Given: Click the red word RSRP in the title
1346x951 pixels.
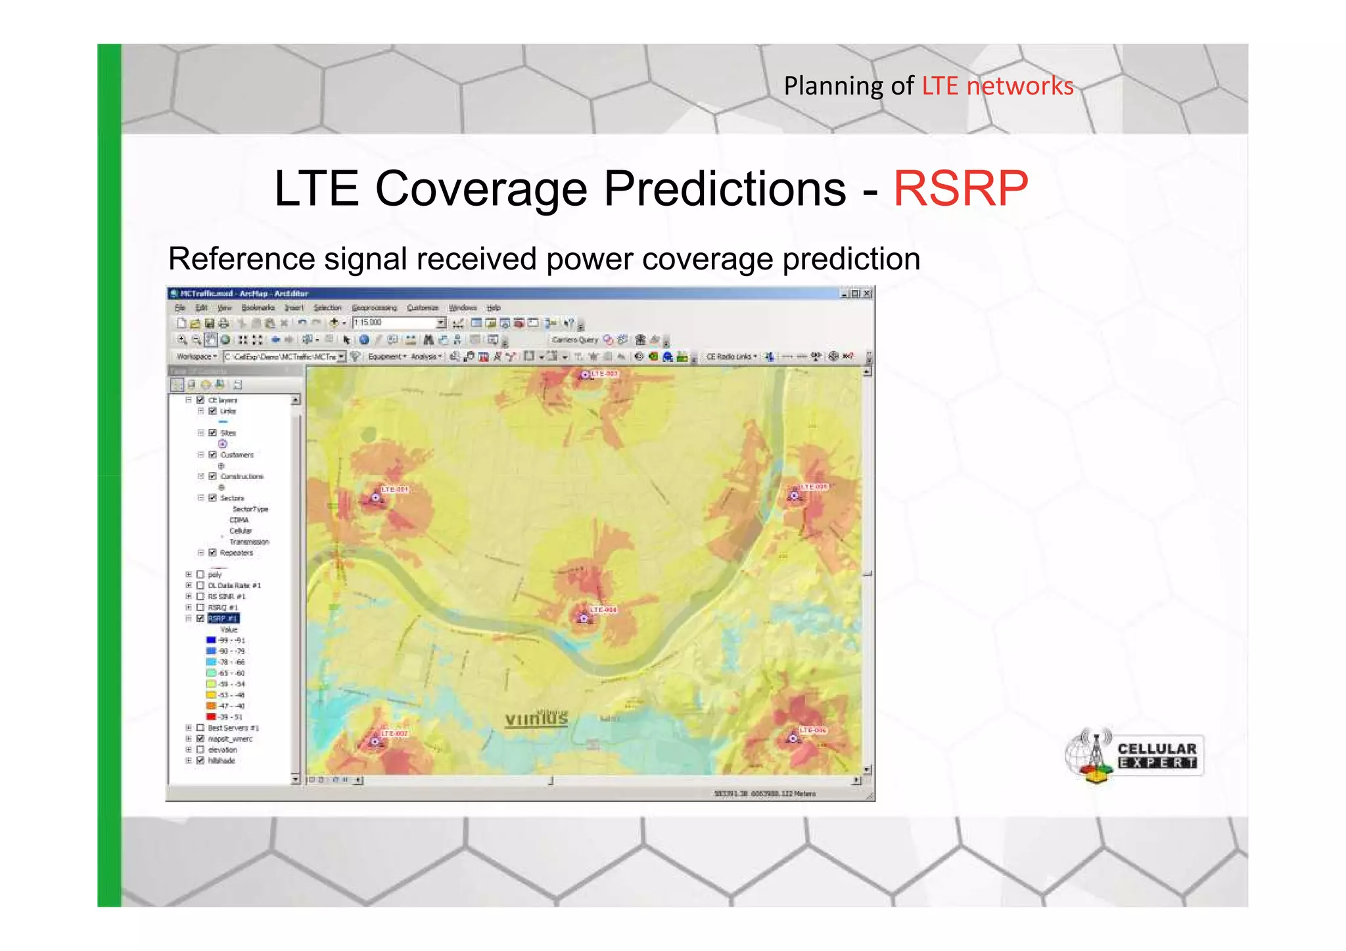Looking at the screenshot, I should click(960, 189).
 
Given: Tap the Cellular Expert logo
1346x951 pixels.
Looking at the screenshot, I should click(1134, 756).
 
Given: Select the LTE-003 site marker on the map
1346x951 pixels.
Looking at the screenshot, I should click(584, 375).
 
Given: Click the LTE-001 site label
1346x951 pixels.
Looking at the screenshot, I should click(396, 490).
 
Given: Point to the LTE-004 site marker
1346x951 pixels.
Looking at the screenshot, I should click(583, 618).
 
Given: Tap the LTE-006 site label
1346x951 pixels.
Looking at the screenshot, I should click(812, 730).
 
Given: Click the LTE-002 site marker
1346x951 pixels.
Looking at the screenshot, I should click(375, 741).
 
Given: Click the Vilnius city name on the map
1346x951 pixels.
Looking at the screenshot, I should click(536, 719).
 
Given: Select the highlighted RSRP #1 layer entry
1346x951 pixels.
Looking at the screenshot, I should click(223, 618).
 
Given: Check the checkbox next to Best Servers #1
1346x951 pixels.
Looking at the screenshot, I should click(200, 728).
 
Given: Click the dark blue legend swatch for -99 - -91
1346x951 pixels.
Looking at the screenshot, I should click(211, 640).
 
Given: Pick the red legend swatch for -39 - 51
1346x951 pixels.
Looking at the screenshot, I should click(211, 716).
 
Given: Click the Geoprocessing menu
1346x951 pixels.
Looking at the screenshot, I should click(374, 308).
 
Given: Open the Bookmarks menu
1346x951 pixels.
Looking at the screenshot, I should click(258, 308).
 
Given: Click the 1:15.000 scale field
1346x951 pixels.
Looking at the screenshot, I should click(394, 323).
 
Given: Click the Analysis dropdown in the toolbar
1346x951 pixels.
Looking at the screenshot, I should click(426, 356).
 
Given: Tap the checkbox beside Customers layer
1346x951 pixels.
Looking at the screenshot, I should click(212, 454).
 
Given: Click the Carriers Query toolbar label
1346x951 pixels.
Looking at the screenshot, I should click(574, 340).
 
